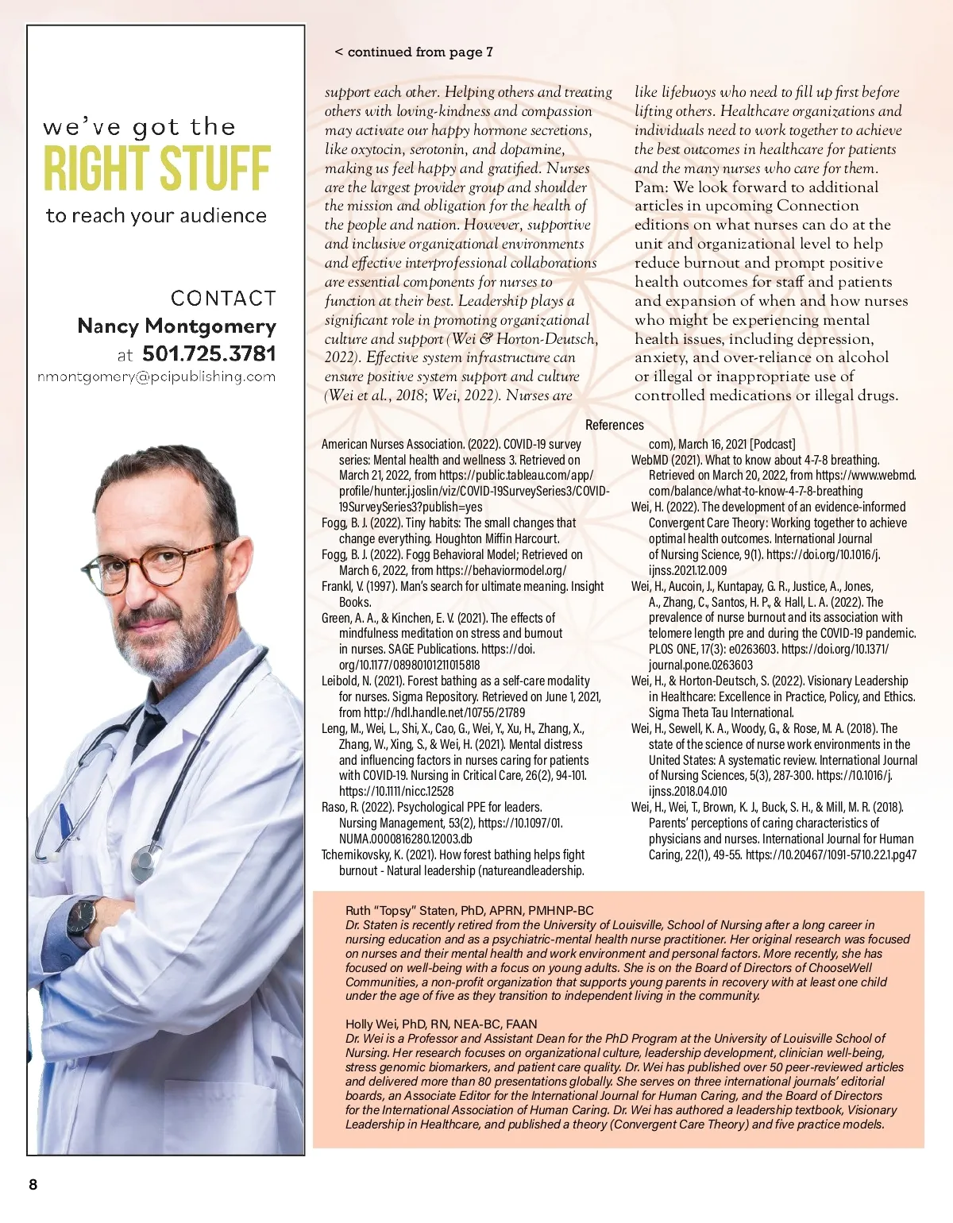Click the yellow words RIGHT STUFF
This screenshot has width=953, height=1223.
(x=156, y=168)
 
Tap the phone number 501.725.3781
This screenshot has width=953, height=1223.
(x=209, y=353)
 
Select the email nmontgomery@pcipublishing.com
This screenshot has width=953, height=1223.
(x=156, y=376)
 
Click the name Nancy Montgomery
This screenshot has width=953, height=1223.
(x=176, y=326)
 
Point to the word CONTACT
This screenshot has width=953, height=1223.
(x=223, y=298)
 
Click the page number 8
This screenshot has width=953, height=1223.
(x=33, y=1185)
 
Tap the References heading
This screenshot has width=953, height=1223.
(x=614, y=425)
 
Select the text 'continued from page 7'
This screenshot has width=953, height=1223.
(x=419, y=52)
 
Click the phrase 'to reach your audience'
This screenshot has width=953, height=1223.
(x=156, y=215)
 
